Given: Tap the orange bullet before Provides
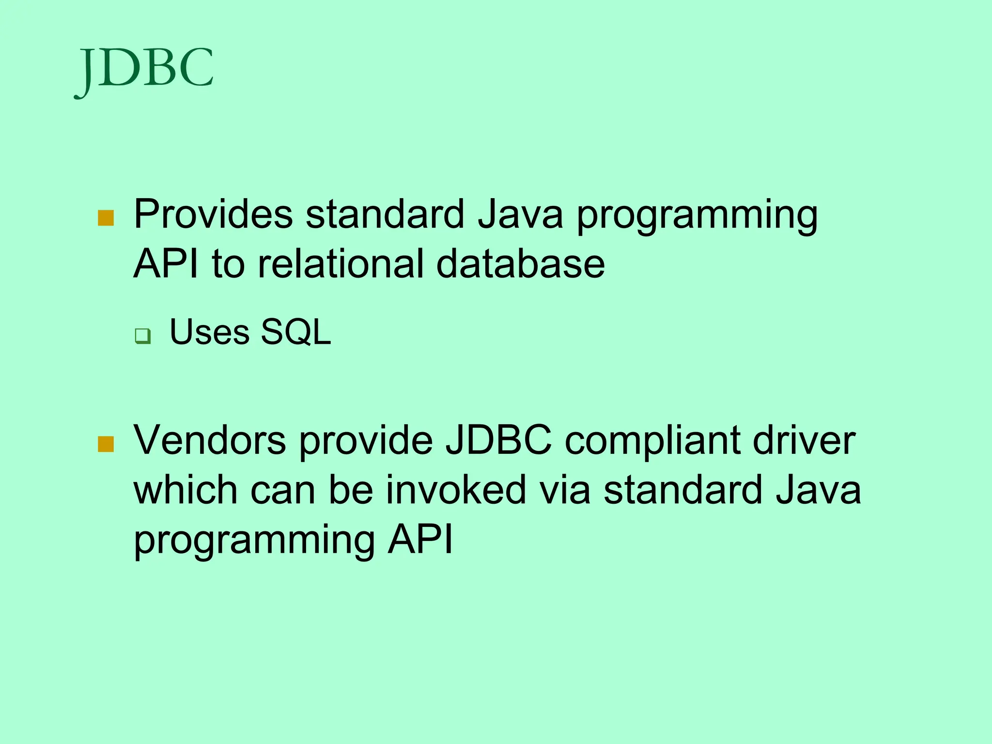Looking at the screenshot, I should point(106,218).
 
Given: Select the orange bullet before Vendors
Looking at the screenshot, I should point(106,444).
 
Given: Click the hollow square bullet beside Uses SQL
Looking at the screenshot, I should point(143,336).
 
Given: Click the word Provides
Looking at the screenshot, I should point(213,214).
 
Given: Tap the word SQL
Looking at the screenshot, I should point(296,333).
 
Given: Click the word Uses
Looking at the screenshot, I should point(209,333).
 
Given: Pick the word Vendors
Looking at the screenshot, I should point(210,440).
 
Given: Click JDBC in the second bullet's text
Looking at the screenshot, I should point(498,440).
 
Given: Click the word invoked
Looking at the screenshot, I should point(456,490).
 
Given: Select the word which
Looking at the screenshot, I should point(185,490).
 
